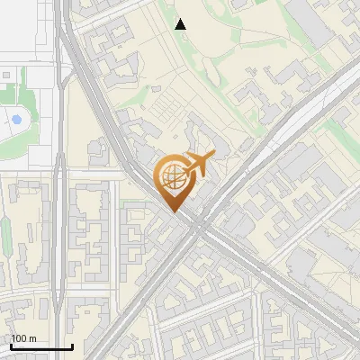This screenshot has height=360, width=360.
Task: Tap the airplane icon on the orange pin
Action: (x=198, y=165)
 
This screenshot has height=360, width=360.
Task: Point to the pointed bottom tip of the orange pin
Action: (x=173, y=211)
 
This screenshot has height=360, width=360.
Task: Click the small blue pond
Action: (x=15, y=119)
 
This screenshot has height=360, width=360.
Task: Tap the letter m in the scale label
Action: (x=32, y=338)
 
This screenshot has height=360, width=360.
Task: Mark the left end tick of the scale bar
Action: (x=10, y=346)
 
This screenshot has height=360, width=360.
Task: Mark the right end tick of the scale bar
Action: (x=72, y=346)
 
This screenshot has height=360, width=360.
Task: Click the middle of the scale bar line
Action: (x=40, y=347)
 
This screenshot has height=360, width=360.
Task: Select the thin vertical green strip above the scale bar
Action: (x=5, y=238)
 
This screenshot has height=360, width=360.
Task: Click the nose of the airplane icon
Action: (x=214, y=156)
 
